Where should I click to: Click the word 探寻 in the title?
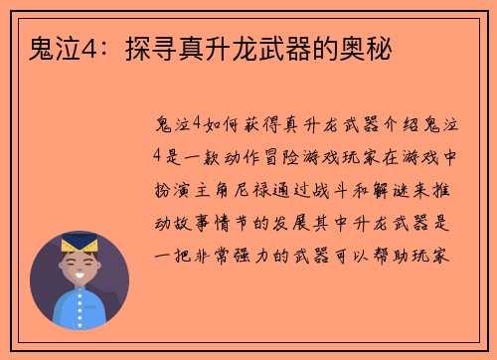(147, 48)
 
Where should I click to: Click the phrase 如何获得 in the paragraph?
(240, 122)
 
